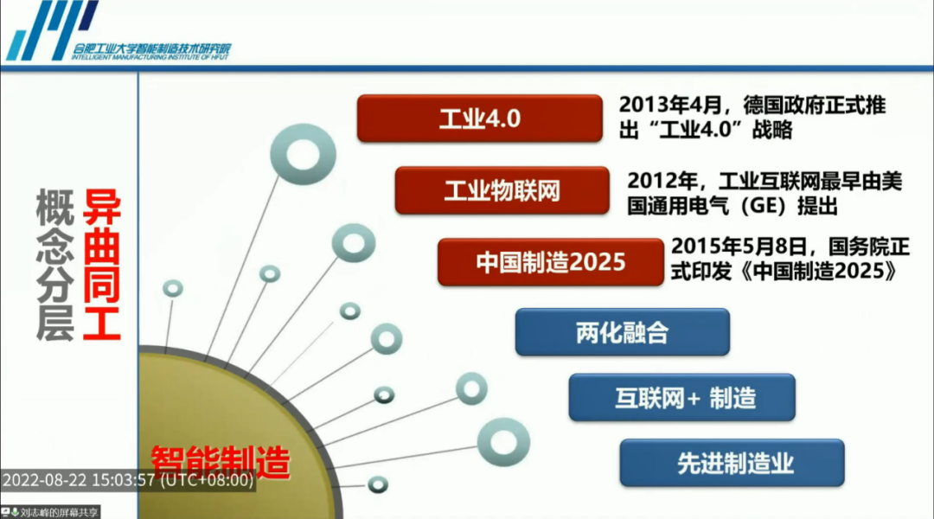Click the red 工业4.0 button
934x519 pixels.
(479, 119)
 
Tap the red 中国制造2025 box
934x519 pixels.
(550, 262)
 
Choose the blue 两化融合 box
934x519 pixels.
(622, 332)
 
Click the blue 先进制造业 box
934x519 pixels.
(732, 463)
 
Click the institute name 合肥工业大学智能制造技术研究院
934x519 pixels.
(152, 48)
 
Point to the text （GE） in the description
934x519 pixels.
(756, 207)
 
